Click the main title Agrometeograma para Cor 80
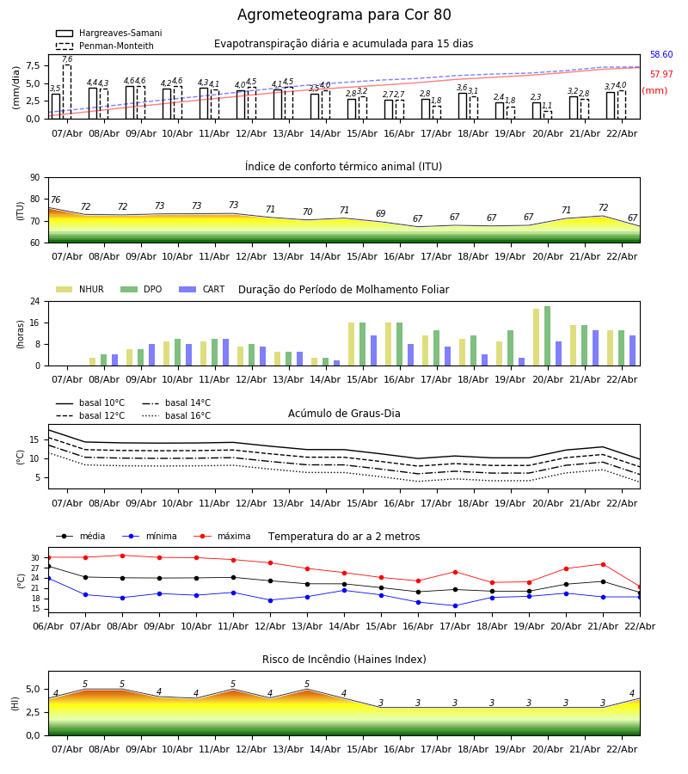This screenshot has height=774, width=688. (344, 15)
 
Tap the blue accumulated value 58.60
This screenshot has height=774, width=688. (661, 55)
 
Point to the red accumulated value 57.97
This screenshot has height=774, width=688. (661, 75)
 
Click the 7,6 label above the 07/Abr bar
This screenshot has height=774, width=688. (67, 59)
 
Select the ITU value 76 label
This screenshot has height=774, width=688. (55, 200)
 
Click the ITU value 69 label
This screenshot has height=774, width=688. (380, 214)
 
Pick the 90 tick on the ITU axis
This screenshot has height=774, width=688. (34, 178)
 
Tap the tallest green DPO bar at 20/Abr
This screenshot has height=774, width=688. (547, 335)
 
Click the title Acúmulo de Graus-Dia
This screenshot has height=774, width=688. (344, 414)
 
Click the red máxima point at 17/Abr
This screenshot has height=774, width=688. (455, 572)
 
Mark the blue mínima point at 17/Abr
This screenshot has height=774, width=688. (455, 605)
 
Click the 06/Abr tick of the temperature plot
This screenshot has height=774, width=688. (48, 625)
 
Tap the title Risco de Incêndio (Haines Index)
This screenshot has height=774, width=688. (344, 660)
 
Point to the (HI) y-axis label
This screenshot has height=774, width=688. (15, 703)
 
